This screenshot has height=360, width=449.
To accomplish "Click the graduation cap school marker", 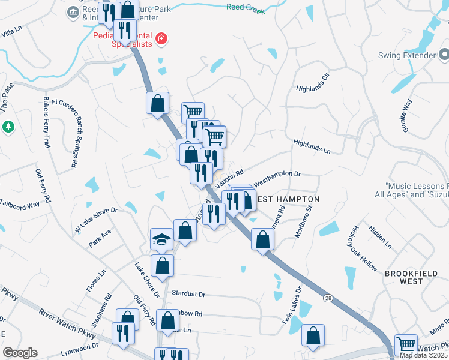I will tap(162, 239).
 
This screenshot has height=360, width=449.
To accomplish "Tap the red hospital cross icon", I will tap(161, 40).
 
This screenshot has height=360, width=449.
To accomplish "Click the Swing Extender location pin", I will tap(444, 56).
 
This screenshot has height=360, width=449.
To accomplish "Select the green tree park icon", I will tap(8, 127).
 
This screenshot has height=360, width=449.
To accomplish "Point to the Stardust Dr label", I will tap(188, 294).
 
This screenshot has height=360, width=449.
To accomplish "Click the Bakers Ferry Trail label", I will tap(46, 122).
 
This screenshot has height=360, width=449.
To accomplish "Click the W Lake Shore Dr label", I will tap(95, 220).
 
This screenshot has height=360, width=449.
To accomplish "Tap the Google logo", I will tap(20, 353).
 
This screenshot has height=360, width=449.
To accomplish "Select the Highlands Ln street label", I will tap(312, 147).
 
